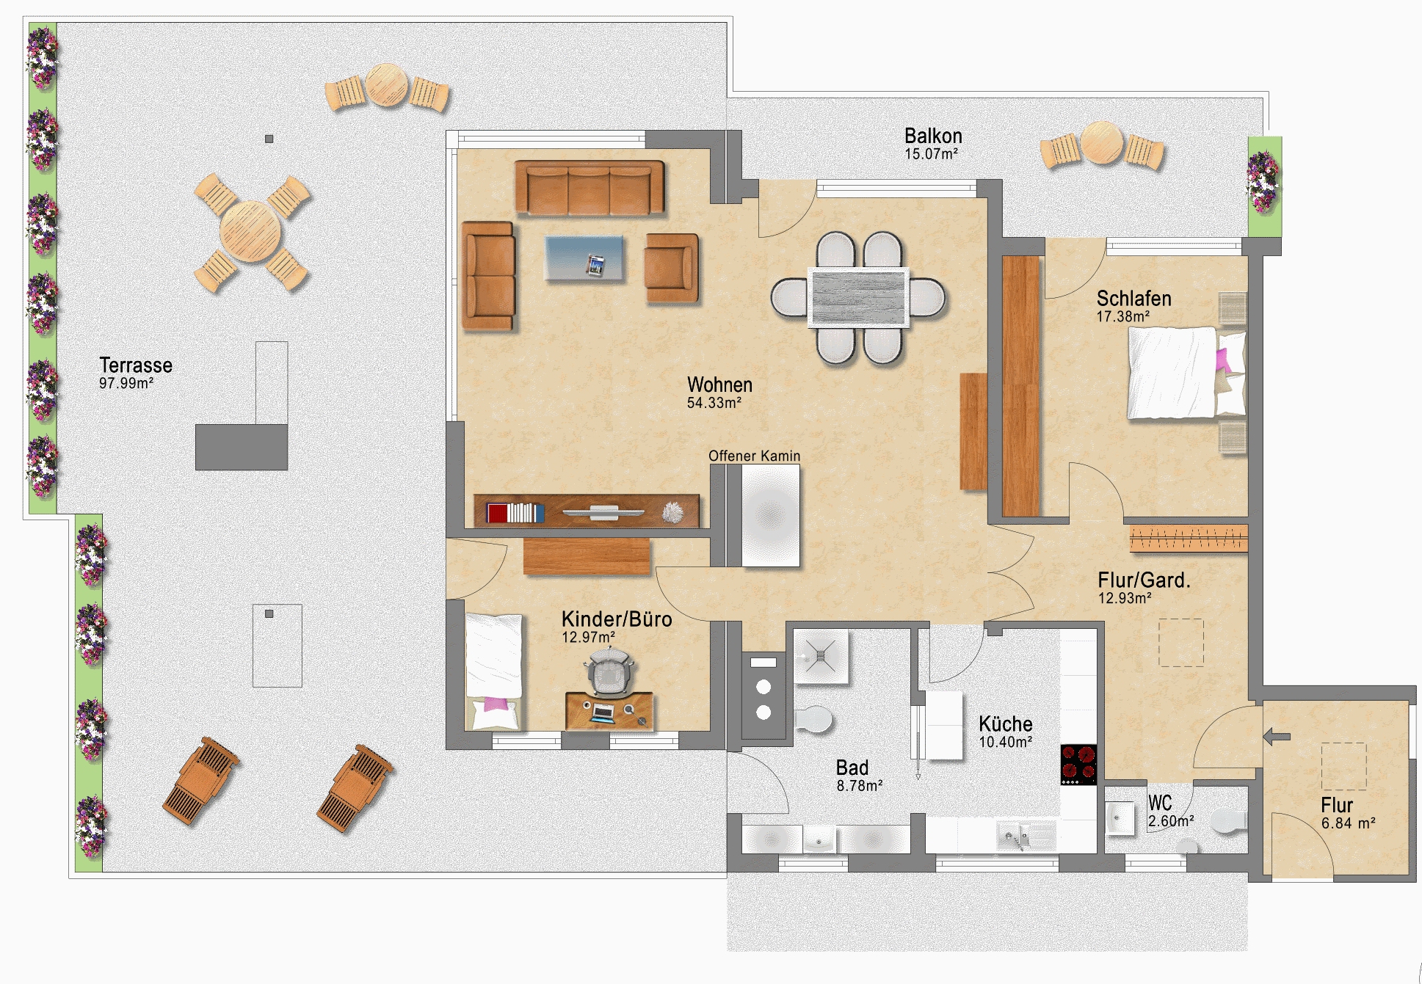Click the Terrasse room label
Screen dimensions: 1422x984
pos(136,365)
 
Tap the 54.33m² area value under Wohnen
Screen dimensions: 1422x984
pos(714,403)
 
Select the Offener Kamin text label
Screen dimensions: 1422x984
pos(754,456)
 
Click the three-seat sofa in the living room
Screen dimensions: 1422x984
pos(590,188)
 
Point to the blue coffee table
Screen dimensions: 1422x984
pos(584,258)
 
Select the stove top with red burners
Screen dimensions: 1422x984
pos(1078,764)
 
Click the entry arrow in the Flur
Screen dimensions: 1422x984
pos(1277,736)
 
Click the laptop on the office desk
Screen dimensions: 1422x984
pos(603,712)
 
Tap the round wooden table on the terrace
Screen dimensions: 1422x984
pos(250,232)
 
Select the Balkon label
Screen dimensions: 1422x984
pos(933,136)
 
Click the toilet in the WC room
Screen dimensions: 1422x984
pos(1229,821)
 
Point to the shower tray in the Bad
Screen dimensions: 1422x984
pos(821,655)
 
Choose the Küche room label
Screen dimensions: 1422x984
pos(1005,724)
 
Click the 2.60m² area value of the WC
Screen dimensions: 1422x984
pos(1170,821)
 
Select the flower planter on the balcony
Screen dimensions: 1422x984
pos(1264,186)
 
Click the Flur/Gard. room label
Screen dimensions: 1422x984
pos(1144,580)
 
